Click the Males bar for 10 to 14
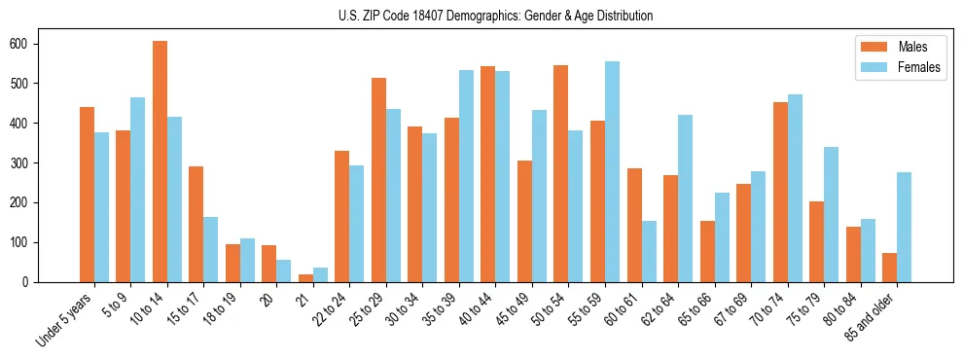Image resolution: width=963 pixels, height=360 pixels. (160, 162)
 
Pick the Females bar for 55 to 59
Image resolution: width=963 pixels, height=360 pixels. (612, 171)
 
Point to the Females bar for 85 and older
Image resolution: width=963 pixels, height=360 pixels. (904, 227)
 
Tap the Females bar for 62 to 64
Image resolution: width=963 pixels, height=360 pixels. (685, 198)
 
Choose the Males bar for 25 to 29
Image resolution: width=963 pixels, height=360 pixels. (378, 180)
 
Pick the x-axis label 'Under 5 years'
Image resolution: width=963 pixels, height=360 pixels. (64, 319)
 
